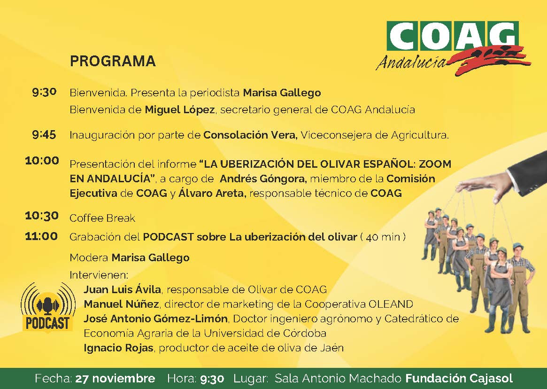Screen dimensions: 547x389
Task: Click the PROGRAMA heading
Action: [x=113, y=61]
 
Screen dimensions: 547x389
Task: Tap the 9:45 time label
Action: [x=44, y=134]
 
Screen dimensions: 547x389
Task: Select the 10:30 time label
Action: [x=42, y=216]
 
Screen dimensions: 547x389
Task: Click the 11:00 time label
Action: [x=41, y=236]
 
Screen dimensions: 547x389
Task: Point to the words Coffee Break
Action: [x=102, y=218]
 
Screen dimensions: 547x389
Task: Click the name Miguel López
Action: [x=180, y=110]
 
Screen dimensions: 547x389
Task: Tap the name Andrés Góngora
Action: [x=263, y=179]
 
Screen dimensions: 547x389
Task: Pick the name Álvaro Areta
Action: [x=212, y=193]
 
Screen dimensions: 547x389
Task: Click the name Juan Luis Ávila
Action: [x=123, y=289]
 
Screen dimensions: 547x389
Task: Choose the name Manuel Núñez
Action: [x=122, y=304]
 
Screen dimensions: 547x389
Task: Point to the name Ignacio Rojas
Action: [x=119, y=348]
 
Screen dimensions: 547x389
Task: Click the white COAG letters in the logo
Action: [x=453, y=36]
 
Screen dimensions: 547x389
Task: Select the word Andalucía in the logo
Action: [x=411, y=62]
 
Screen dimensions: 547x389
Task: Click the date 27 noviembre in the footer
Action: [x=115, y=379]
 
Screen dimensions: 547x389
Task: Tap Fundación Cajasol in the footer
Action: [x=459, y=379]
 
